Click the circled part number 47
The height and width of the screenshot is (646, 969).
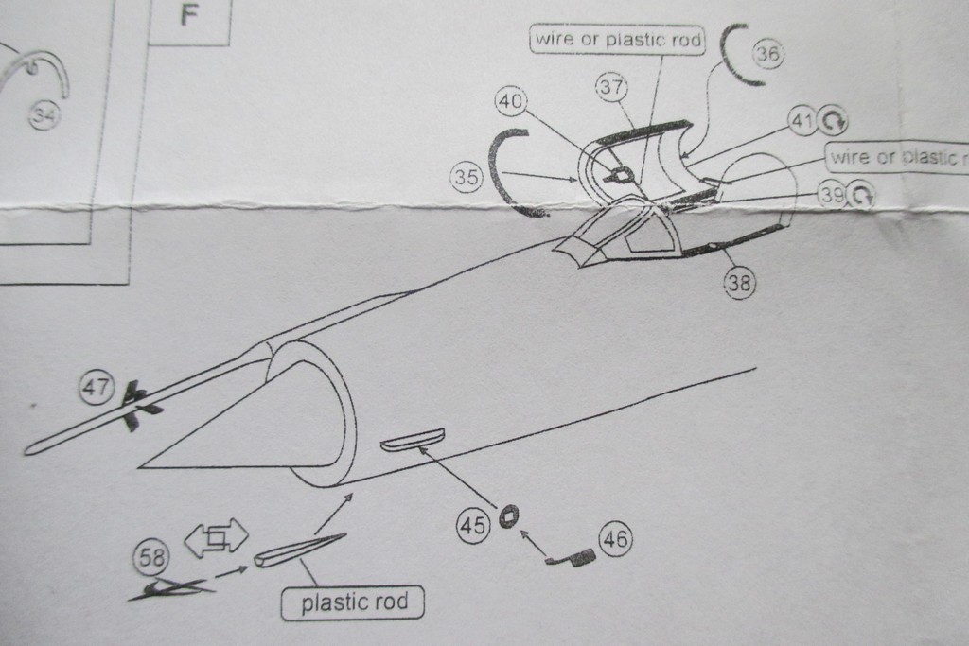(x=96, y=387)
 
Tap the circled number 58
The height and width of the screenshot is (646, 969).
(x=149, y=557)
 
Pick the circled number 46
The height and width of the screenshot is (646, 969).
(x=615, y=540)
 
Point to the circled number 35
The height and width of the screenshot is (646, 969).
(x=467, y=177)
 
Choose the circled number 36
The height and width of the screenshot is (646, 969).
(x=767, y=55)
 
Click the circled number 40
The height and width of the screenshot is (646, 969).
(x=511, y=100)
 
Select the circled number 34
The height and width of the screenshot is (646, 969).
(x=43, y=115)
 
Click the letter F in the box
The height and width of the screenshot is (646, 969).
(x=188, y=18)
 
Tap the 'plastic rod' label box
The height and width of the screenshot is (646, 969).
(x=352, y=602)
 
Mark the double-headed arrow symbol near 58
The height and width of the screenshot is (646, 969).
(x=216, y=538)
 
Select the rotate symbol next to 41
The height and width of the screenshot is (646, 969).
(x=833, y=120)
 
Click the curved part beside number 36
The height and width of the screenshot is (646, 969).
(x=732, y=55)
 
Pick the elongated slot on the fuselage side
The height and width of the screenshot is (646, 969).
(x=412, y=439)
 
